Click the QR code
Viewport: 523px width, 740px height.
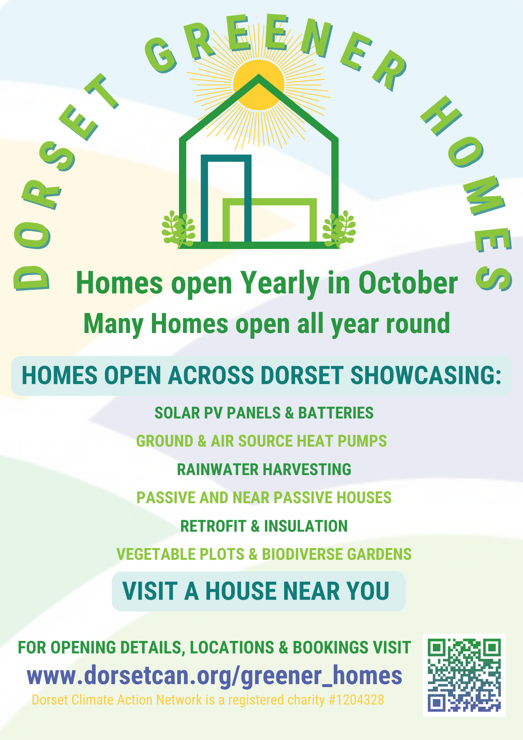tap(464, 675)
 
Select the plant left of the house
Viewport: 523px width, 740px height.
tap(178, 229)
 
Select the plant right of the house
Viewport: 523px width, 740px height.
tap(339, 229)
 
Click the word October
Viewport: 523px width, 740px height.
tap(408, 283)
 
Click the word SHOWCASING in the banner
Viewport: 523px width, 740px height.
tap(425, 375)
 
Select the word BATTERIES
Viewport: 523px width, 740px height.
tap(336, 413)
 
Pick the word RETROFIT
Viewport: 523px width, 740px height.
tap(213, 526)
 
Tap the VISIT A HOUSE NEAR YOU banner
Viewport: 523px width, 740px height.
tap(259, 591)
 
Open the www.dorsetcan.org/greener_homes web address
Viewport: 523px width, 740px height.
tap(215, 676)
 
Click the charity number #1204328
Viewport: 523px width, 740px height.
tap(356, 700)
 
